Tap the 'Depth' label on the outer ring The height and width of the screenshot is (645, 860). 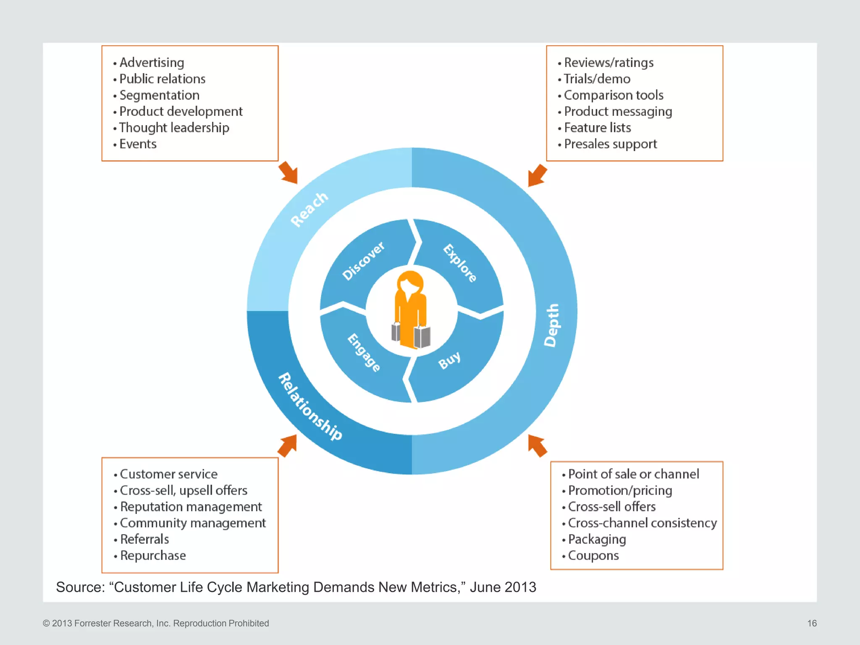pyautogui.click(x=552, y=325)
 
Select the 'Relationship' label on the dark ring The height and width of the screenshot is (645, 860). pyautogui.click(x=310, y=406)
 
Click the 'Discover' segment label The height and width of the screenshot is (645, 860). pyautogui.click(x=363, y=261)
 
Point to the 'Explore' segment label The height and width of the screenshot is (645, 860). pyautogui.click(x=460, y=263)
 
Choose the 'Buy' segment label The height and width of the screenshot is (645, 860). pyautogui.click(x=449, y=360)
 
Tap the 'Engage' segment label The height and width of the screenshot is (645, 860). pyautogui.click(x=364, y=353)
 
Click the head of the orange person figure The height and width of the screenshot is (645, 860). pyautogui.click(x=410, y=284)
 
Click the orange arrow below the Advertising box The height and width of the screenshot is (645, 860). pyautogui.click(x=288, y=172)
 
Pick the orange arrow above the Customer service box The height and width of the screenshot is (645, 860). pyautogui.click(x=288, y=446)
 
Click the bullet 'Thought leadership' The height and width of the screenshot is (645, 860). pyautogui.click(x=174, y=128)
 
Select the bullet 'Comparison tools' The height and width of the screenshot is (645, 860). pyautogui.click(x=613, y=95)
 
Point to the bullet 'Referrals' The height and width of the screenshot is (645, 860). pyautogui.click(x=144, y=539)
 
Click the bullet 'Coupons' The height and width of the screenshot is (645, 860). pyautogui.click(x=593, y=556)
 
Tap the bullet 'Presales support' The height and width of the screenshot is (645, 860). pyautogui.click(x=610, y=144)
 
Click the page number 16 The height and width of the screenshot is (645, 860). pyautogui.click(x=812, y=623)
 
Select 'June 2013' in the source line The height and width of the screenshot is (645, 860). pyautogui.click(x=503, y=587)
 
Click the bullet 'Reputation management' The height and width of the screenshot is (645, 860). pyautogui.click(x=191, y=507)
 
